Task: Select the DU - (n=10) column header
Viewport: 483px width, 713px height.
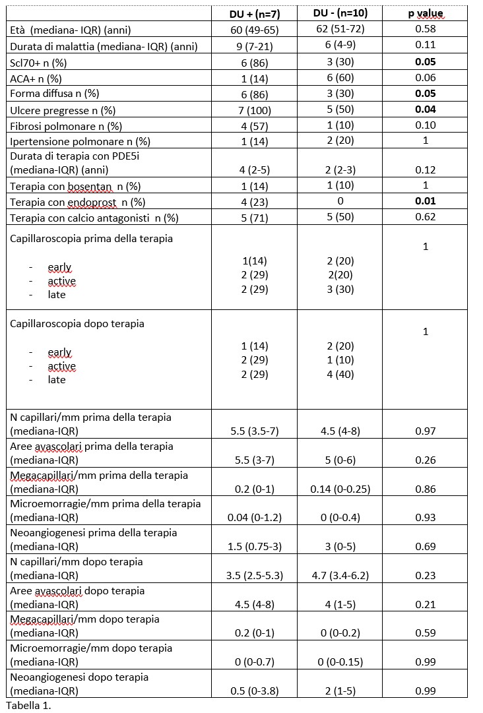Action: [340, 14]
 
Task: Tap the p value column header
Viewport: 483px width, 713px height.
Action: [425, 14]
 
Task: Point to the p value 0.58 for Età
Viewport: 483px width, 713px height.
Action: [425, 30]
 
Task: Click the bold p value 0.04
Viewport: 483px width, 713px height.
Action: [425, 109]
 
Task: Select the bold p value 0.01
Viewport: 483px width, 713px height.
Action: [425, 202]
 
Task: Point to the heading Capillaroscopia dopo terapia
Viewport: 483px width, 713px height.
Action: [77, 324]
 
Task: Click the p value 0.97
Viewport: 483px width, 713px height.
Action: [425, 431]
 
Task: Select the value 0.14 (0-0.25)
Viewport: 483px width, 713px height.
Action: [340, 489]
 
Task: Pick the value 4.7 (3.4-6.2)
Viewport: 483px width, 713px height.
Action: [340, 575]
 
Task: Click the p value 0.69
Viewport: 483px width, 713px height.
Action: [425, 546]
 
